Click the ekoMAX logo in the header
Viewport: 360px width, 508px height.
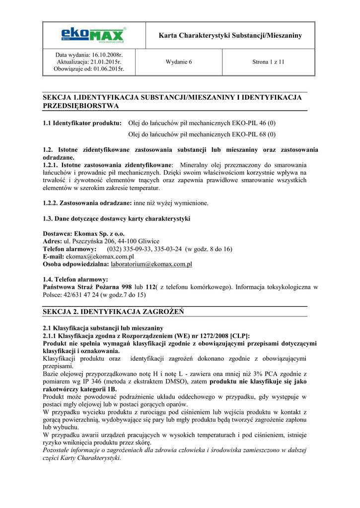coord(93,35)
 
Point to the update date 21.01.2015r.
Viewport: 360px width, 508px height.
coord(105,62)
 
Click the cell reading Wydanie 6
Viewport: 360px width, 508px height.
coord(178,62)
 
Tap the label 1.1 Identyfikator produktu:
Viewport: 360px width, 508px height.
coord(82,123)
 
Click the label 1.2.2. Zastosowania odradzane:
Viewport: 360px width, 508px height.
coord(87,203)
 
